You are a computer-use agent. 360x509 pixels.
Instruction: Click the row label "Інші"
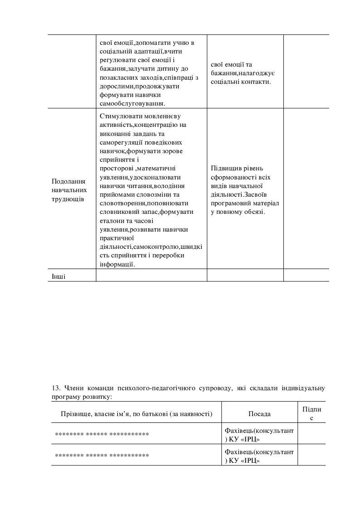(58, 276)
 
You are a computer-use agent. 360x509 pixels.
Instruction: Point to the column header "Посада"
(259, 414)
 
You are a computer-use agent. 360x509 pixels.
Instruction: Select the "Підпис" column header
(311, 413)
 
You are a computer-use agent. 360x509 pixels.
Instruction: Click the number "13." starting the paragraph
(57, 388)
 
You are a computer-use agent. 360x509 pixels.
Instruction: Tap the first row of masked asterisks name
(102, 434)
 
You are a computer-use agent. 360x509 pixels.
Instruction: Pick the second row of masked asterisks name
(102, 455)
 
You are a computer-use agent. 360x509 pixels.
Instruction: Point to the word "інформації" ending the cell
(117, 265)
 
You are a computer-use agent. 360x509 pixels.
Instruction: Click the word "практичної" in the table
(115, 238)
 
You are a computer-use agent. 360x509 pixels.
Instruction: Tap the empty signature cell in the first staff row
(311, 434)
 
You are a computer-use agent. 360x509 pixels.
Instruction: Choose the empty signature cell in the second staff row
(311, 455)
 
